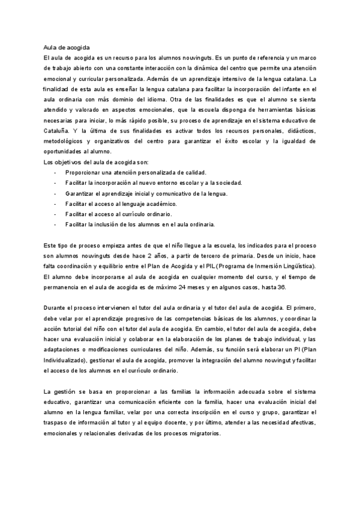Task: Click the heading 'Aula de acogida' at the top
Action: (x=66, y=47)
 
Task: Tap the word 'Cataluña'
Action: (x=58, y=130)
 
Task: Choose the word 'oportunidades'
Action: (x=62, y=151)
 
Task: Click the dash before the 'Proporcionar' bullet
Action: (x=55, y=172)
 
